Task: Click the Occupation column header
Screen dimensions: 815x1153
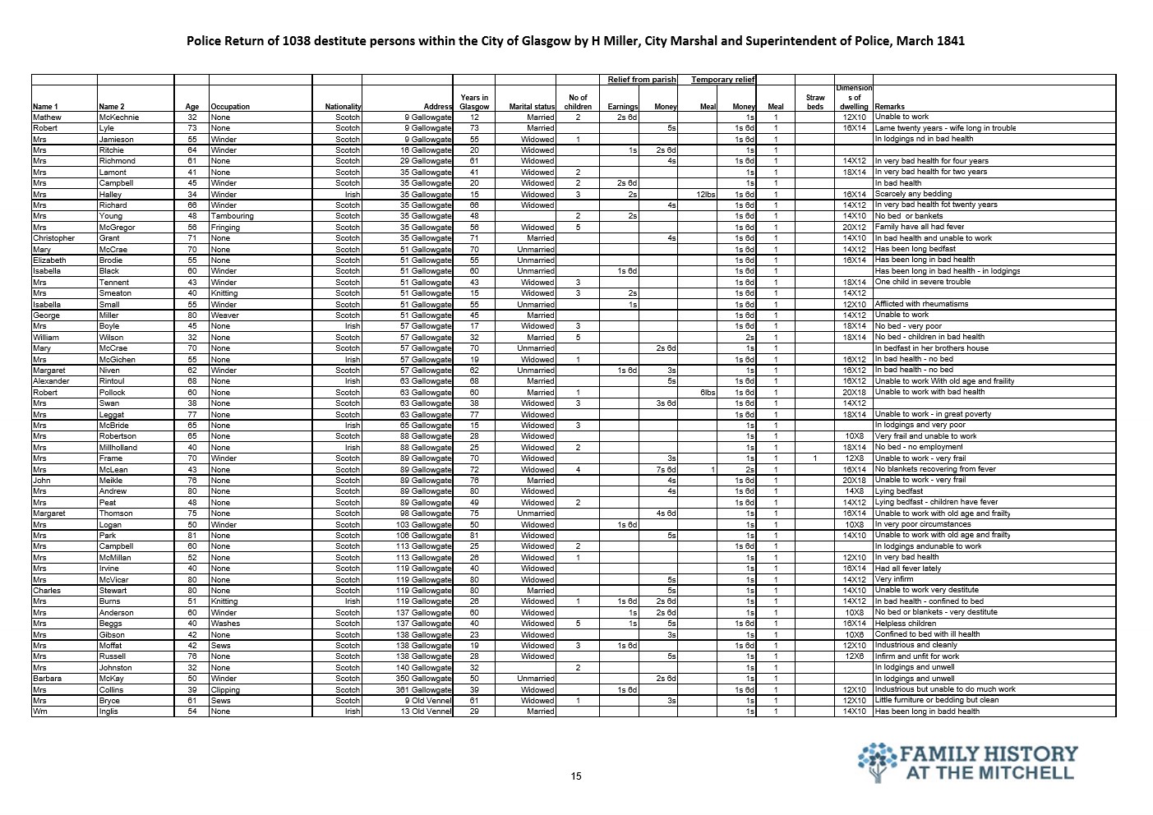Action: coord(230,107)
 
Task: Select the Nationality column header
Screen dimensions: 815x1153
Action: coord(343,107)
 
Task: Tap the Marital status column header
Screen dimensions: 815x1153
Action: coord(532,107)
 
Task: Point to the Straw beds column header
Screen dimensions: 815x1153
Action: coord(814,102)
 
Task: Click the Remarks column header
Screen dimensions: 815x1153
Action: coord(890,107)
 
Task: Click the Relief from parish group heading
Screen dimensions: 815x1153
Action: coord(642,80)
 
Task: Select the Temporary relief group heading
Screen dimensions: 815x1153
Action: coord(722,80)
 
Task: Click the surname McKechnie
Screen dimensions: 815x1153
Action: coord(119,117)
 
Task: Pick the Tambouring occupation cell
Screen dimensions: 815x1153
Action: coord(233,216)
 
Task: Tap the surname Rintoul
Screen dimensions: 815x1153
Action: coord(113,381)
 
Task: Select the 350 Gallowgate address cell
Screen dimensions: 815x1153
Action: coord(422,679)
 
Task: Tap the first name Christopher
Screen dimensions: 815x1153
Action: coord(53,238)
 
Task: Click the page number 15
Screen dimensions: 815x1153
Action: coord(576,776)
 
